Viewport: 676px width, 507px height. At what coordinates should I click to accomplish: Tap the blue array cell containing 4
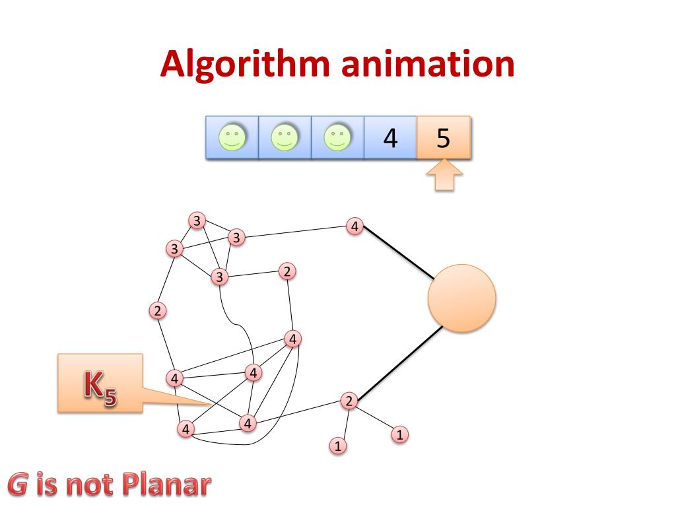(x=390, y=138)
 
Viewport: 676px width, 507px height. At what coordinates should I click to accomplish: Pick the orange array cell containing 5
(x=444, y=138)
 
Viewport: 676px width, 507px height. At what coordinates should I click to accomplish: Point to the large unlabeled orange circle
(x=461, y=298)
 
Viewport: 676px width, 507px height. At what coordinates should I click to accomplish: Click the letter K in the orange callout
(x=93, y=384)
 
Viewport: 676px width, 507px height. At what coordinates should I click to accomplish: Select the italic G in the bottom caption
(x=18, y=485)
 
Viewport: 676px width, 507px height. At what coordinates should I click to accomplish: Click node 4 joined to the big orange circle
(x=355, y=226)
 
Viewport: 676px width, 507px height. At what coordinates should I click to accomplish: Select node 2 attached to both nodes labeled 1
(x=349, y=400)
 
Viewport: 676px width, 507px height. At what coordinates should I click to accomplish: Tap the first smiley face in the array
(x=232, y=138)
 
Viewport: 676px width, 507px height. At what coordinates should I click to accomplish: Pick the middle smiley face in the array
(x=285, y=138)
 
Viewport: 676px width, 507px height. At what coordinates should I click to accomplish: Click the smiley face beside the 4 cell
(x=337, y=138)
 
